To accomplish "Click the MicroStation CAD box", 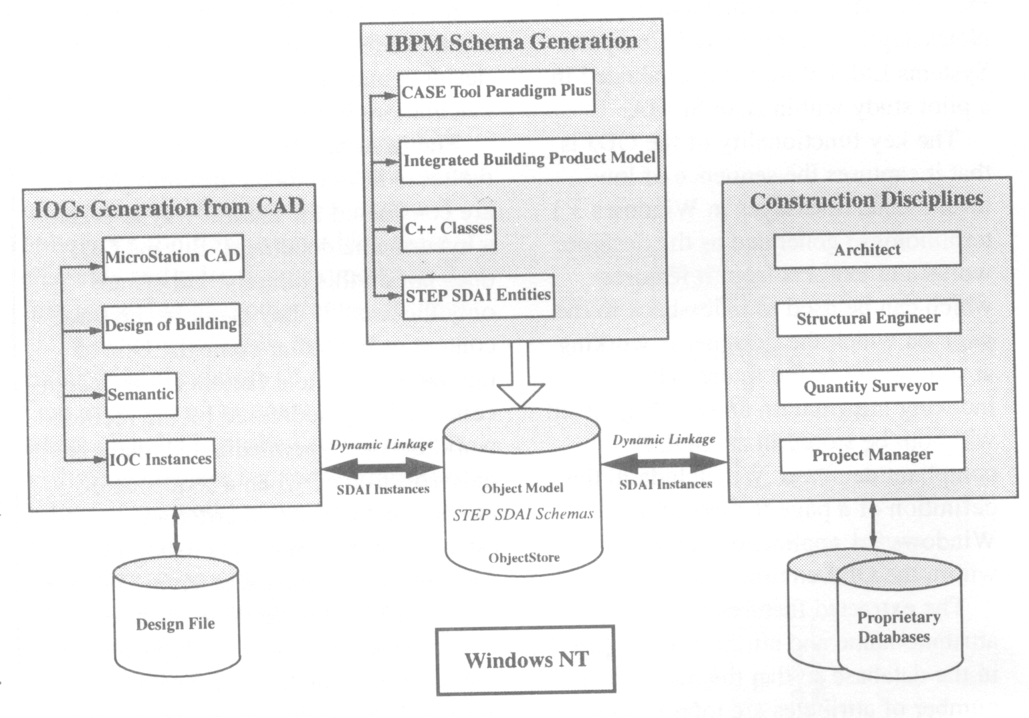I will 173,257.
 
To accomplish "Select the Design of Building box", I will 170,325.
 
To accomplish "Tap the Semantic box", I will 141,395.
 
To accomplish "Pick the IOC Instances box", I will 160,460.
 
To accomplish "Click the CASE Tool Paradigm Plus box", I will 496,92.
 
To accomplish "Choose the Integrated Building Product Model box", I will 529,160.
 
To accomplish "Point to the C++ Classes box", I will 448,229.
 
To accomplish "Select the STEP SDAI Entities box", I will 478,296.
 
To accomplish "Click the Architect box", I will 867,250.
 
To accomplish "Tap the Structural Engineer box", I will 868,319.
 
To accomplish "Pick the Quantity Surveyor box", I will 870,387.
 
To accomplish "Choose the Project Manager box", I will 872,455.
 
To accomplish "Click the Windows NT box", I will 526,660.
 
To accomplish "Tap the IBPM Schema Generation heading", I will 511,42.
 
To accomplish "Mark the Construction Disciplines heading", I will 867,200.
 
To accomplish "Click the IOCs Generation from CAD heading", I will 168,207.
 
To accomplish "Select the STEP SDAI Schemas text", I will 523,515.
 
